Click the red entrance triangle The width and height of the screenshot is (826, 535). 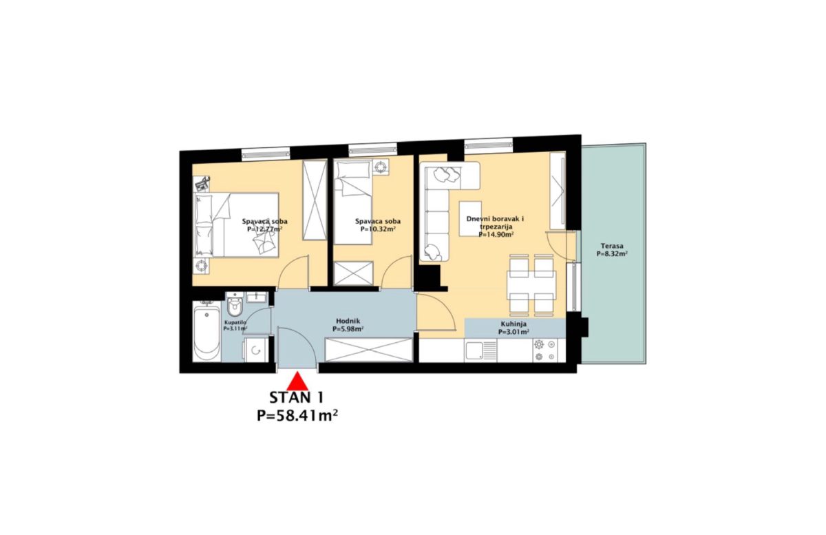[x=297, y=381]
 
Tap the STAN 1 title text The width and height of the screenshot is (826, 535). [x=297, y=398]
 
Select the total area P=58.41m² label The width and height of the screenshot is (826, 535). [x=297, y=416]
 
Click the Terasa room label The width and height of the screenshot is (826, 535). [x=612, y=246]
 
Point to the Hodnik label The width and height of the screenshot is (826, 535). [x=348, y=321]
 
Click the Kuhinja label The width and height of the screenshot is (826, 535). [x=513, y=324]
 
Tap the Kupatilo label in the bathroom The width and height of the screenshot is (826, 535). [x=235, y=322]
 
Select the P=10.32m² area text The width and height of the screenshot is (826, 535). [x=378, y=229]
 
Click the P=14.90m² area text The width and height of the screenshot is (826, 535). [x=496, y=234]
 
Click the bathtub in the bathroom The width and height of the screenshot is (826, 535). [x=206, y=331]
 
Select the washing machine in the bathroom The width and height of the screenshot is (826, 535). [x=255, y=349]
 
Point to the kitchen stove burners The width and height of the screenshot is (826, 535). [x=544, y=350]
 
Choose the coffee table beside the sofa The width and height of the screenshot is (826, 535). [x=470, y=218]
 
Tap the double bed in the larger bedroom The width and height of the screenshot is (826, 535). [x=236, y=224]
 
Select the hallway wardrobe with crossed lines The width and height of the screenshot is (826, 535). [x=369, y=350]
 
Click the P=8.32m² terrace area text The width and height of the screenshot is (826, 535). [x=612, y=254]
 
